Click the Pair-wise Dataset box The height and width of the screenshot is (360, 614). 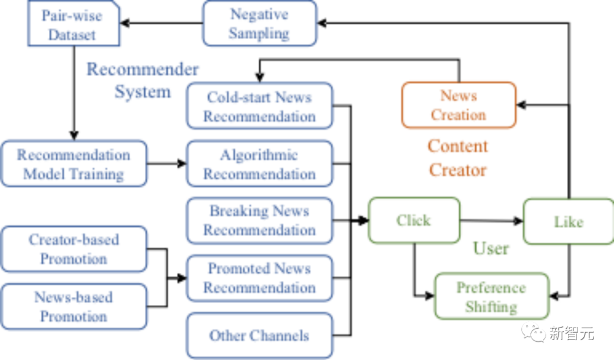(73, 24)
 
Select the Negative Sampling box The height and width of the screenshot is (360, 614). (259, 24)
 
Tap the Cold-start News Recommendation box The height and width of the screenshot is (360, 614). (259, 106)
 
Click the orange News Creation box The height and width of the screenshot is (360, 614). (458, 105)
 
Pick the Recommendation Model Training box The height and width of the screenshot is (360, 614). (73, 164)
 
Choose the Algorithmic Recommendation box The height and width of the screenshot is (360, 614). (259, 164)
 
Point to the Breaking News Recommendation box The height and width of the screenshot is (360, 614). (259, 221)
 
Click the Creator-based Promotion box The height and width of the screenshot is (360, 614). (73, 249)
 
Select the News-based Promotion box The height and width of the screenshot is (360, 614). (73, 307)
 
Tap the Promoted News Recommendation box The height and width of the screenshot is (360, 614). (259, 278)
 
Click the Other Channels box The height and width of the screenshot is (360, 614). (259, 336)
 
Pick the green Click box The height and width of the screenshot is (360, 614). (414, 220)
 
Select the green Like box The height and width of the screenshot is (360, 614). (568, 221)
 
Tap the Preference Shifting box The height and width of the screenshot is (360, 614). (491, 296)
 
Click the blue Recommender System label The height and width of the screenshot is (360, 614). (143, 80)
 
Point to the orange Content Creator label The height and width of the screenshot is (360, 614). (458, 158)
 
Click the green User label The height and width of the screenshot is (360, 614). (491, 249)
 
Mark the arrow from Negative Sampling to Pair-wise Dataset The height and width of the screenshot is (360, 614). (161, 23)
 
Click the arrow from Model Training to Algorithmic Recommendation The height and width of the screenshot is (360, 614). (167, 164)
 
